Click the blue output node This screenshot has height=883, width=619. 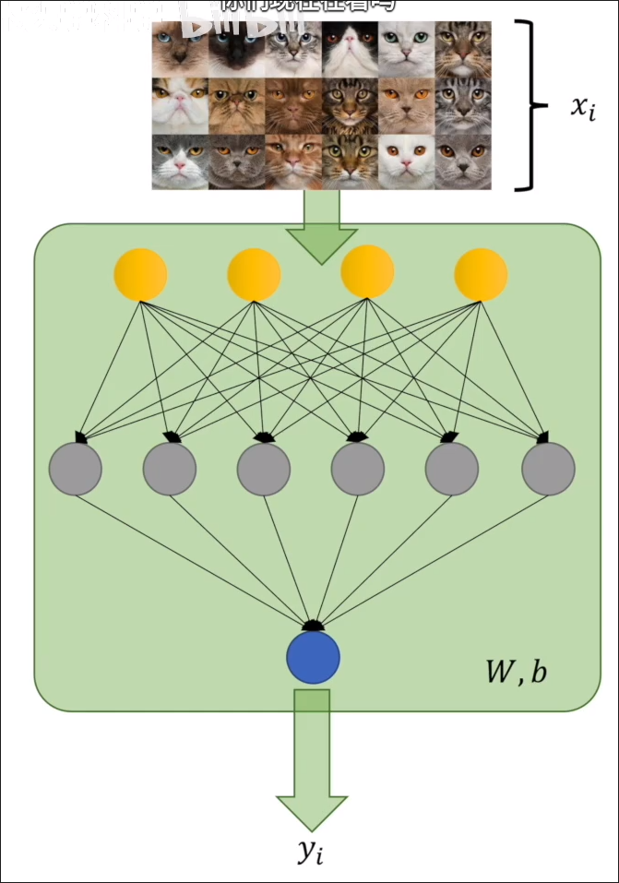pos(313,656)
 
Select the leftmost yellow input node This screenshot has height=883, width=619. pos(140,273)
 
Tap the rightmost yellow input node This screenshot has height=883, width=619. pos(481,273)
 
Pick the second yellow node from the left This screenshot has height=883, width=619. pos(255,273)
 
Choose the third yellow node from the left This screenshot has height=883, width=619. pos(367,273)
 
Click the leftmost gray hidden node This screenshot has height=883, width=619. pos(75,469)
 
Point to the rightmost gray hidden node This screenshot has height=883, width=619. pos(548,469)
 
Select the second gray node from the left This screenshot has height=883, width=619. pos(169,469)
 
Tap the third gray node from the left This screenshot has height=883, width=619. pos(264,469)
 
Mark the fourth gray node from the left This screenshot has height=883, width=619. pos(358,469)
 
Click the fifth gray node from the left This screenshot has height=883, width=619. pos(452,469)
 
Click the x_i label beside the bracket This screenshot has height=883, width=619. pos(583,108)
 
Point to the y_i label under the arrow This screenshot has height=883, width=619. pos(311,853)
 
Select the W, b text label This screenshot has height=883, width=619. pos(516,671)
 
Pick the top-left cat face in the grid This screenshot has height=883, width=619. pos(181,49)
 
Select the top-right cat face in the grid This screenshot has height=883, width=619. pos(463,49)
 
